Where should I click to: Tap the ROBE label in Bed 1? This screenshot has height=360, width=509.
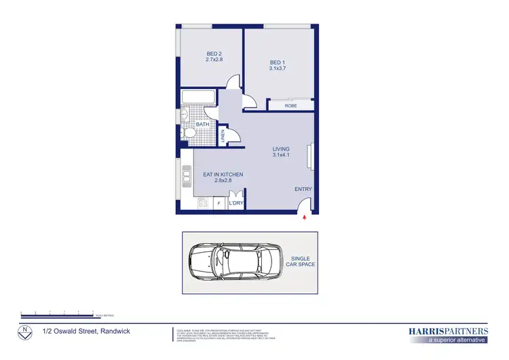point(290,105)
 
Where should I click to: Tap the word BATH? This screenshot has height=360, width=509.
point(202,124)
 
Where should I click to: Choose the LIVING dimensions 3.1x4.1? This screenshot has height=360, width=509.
point(281,156)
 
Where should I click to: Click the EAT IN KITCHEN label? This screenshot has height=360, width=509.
point(223,175)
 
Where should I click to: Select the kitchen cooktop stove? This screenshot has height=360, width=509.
point(202,202)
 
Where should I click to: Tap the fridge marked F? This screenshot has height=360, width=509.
point(219,202)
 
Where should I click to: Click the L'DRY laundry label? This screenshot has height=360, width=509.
point(235,202)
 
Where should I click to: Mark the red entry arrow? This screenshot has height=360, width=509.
point(305,218)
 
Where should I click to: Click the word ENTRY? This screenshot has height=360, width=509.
point(303,190)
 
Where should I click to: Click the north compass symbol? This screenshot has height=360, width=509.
point(25,332)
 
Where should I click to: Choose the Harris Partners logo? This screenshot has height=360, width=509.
point(448,334)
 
